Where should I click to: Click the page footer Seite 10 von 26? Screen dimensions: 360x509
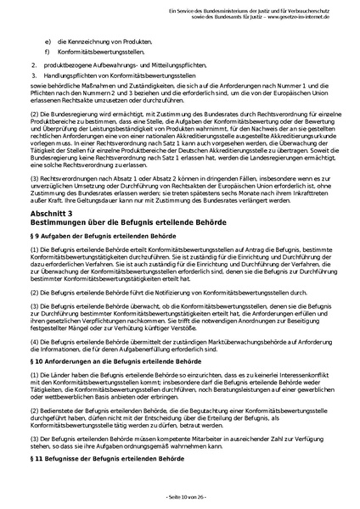[180, 496]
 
